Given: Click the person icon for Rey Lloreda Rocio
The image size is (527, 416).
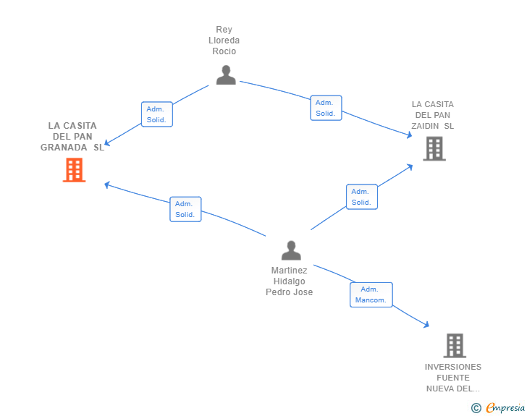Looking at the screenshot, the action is point(226,75).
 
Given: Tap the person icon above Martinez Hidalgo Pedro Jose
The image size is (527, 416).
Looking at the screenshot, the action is point(291,250).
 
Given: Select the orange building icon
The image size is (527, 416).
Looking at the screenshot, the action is point(75,170).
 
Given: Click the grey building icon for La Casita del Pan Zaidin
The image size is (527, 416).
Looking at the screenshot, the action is point(434,148).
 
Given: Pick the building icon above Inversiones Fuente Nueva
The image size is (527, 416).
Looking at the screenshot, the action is point(455,345).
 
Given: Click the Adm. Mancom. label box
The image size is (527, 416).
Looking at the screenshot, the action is point(371,294).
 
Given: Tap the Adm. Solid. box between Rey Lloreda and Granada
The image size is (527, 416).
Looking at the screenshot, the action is point(157,114).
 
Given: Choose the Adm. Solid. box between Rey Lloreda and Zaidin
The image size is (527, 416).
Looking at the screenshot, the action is point(326,108).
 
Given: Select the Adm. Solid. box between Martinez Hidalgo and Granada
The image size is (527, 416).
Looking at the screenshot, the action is point(185,209).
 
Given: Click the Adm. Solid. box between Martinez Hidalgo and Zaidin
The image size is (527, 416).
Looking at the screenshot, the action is point(362,197).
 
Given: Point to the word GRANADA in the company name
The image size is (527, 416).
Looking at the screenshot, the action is point(64,148).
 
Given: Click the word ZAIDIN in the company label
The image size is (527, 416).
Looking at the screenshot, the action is point(425,126).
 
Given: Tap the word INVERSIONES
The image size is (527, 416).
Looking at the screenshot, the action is point(453,367).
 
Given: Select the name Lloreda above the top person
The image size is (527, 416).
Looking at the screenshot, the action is point(224,41).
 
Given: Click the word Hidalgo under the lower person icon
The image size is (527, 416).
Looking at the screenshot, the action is point(290,281).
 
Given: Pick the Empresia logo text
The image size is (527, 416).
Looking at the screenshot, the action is point(505,407).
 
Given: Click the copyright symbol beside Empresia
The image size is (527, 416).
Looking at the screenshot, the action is point(476,408).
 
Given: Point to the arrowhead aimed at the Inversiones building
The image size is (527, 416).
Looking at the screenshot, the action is point(427,325).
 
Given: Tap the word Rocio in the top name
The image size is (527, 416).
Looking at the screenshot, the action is point(224,51).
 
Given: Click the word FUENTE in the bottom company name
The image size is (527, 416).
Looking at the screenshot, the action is point(453,378).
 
